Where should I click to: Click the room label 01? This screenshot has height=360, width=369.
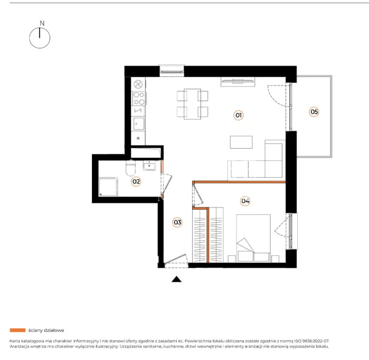(238, 115)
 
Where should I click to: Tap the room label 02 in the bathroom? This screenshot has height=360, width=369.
(136, 181)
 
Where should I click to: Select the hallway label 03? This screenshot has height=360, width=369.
(177, 222)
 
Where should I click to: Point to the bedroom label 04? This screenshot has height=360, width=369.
(245, 201)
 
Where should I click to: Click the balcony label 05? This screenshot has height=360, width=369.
(314, 112)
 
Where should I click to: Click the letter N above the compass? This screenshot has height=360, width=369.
(42, 23)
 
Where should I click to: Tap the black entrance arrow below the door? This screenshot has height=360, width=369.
(176, 279)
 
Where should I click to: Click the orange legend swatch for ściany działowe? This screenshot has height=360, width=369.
(18, 330)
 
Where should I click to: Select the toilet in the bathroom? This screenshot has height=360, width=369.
(131, 168)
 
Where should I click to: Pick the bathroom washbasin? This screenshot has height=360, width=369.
(149, 165)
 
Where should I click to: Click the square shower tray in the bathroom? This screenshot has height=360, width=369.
(108, 187)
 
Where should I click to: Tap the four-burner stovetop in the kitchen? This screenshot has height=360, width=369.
(139, 98)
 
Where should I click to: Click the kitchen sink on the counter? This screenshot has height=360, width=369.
(139, 124)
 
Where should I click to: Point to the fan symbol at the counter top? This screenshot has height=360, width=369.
(138, 84)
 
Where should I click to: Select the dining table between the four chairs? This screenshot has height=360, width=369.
(193, 104)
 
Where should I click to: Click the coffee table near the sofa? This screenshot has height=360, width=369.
(241, 142)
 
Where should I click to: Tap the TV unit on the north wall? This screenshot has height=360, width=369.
(238, 82)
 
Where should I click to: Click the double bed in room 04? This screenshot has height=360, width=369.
(254, 238)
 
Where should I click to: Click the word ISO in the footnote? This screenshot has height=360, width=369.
(297, 341)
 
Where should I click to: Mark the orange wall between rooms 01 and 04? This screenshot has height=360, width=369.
(239, 182)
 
